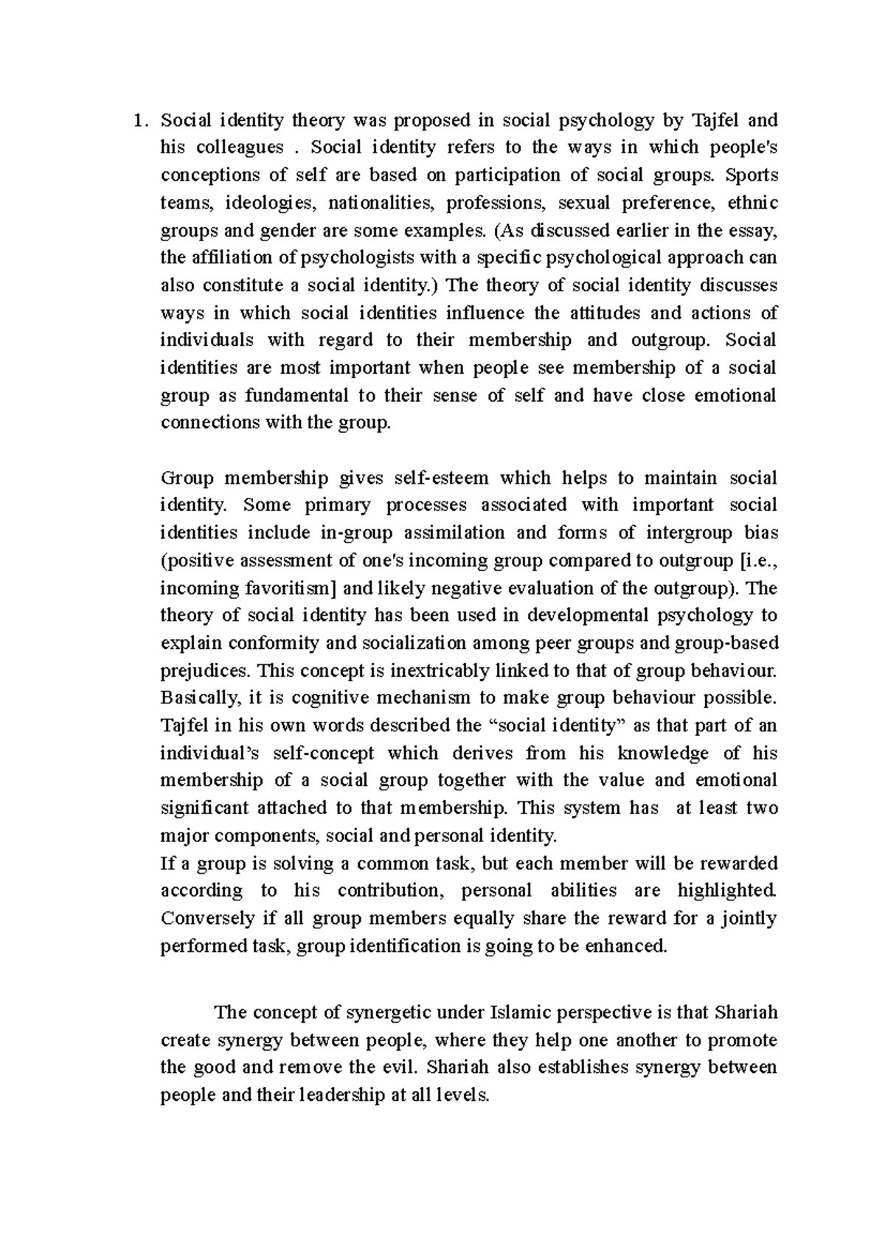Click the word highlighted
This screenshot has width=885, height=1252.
726,891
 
